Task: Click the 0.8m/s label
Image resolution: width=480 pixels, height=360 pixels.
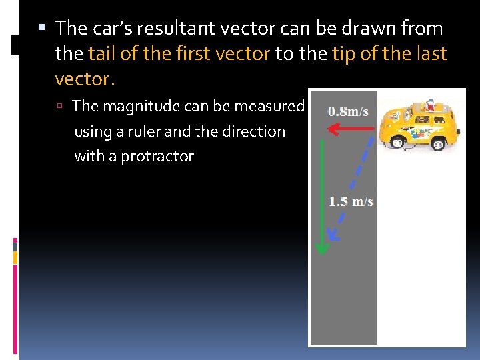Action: point(348,111)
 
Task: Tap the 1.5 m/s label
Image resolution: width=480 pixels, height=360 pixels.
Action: point(351,201)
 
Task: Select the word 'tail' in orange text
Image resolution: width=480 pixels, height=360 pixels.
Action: point(103,54)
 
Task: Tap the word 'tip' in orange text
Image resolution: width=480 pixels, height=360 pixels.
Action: point(345,54)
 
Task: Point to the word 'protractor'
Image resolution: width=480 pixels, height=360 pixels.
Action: point(157,157)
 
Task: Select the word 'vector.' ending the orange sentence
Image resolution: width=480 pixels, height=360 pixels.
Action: point(85,79)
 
